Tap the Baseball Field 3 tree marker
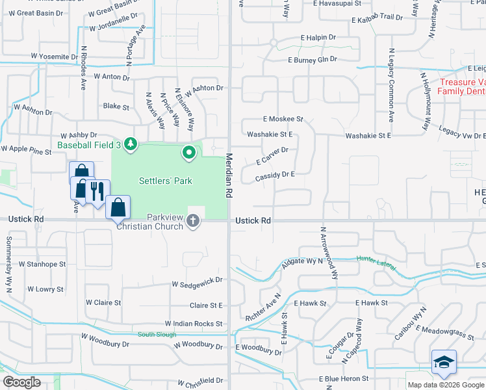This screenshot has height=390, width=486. click(131, 143)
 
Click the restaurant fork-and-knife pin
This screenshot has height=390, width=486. click(97, 191)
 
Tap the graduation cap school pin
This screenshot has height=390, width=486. click(444, 361)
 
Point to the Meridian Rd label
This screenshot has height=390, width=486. click(229, 175)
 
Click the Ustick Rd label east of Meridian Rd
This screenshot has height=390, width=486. click(253, 221)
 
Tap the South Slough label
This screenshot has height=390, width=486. click(156, 334)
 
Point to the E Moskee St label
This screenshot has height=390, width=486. click(283, 120)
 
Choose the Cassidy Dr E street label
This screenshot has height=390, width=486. click(275, 174)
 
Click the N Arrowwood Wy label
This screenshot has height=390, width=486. click(329, 253)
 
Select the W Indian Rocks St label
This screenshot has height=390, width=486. click(194, 323)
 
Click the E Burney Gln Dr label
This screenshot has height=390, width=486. click(313, 59)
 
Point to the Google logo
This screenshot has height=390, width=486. click(21, 382)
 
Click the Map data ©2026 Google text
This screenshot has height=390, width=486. click(446, 385)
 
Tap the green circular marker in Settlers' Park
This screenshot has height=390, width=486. click(189, 153)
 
